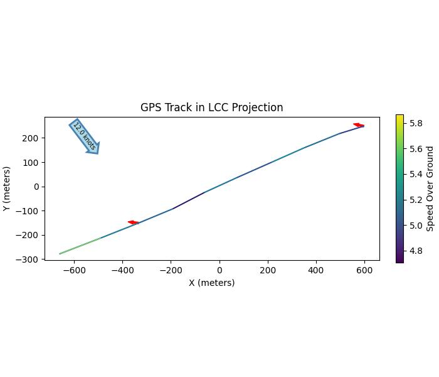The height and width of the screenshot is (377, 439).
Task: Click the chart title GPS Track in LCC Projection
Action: pyautogui.click(x=211, y=107)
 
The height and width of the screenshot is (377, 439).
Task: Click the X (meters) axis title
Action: pyautogui.click(x=211, y=283)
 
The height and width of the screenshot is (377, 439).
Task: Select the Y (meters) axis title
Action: pyautogui.click(x=7, y=188)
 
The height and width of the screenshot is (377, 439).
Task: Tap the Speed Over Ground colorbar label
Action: pyautogui.click(x=430, y=188)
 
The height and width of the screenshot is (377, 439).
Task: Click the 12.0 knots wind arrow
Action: pyautogui.click(x=85, y=136)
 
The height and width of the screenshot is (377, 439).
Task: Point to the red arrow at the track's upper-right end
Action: pyautogui.click(x=359, y=126)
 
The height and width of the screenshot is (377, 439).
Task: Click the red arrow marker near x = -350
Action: pyautogui.click(x=134, y=222)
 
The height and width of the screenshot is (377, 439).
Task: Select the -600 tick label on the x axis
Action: pyautogui.click(x=74, y=270)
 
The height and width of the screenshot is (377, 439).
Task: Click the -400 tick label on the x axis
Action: pyautogui.click(x=122, y=270)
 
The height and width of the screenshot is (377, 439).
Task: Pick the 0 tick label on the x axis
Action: pyautogui.click(x=219, y=270)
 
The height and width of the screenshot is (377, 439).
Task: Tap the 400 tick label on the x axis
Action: pyautogui.click(x=316, y=270)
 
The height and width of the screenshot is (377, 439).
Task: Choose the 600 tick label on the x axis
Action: pyautogui.click(x=364, y=270)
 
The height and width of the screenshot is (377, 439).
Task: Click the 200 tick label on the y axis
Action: pyautogui.click(x=33, y=138)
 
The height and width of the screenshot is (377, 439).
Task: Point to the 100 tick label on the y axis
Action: pyautogui.click(x=33, y=162)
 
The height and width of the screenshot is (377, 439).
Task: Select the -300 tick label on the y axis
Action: pyautogui.click(x=30, y=259)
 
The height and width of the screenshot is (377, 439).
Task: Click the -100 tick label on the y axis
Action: pyautogui.click(x=30, y=210)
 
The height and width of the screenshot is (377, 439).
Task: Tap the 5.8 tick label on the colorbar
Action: pyautogui.click(x=416, y=124)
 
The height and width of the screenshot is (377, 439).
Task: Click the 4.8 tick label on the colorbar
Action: pyautogui.click(x=416, y=251)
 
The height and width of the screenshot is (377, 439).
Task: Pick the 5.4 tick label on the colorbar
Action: pyautogui.click(x=416, y=175)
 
